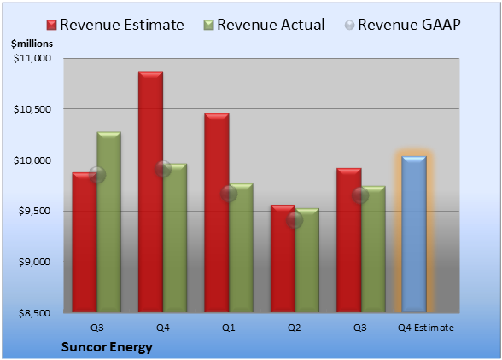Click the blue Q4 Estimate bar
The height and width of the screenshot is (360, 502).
(x=414, y=234)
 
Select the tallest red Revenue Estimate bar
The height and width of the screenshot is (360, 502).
(x=150, y=192)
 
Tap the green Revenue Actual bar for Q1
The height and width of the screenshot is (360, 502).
(x=241, y=247)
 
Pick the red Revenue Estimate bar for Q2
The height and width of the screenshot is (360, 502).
(x=283, y=258)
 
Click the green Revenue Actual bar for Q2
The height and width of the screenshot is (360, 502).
(x=307, y=260)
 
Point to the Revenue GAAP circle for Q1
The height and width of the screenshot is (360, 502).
(x=229, y=194)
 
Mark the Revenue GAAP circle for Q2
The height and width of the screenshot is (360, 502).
(x=295, y=220)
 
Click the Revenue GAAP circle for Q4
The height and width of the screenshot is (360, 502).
(x=163, y=169)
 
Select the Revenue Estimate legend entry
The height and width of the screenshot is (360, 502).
(x=115, y=25)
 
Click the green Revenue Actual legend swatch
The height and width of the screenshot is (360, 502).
(x=208, y=26)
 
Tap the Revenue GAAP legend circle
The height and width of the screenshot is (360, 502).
(x=350, y=26)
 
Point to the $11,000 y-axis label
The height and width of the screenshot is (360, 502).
(x=32, y=58)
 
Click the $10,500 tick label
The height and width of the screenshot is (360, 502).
(x=32, y=109)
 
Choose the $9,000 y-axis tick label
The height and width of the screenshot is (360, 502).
(x=34, y=262)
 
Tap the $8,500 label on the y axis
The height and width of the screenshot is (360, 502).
(x=34, y=313)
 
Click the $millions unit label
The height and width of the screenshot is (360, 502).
(x=32, y=44)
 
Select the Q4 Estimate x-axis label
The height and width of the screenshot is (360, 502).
(x=426, y=328)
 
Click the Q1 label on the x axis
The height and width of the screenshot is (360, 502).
(x=229, y=328)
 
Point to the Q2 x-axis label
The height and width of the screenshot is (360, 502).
(x=295, y=328)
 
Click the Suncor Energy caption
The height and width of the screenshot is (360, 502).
(x=107, y=347)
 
